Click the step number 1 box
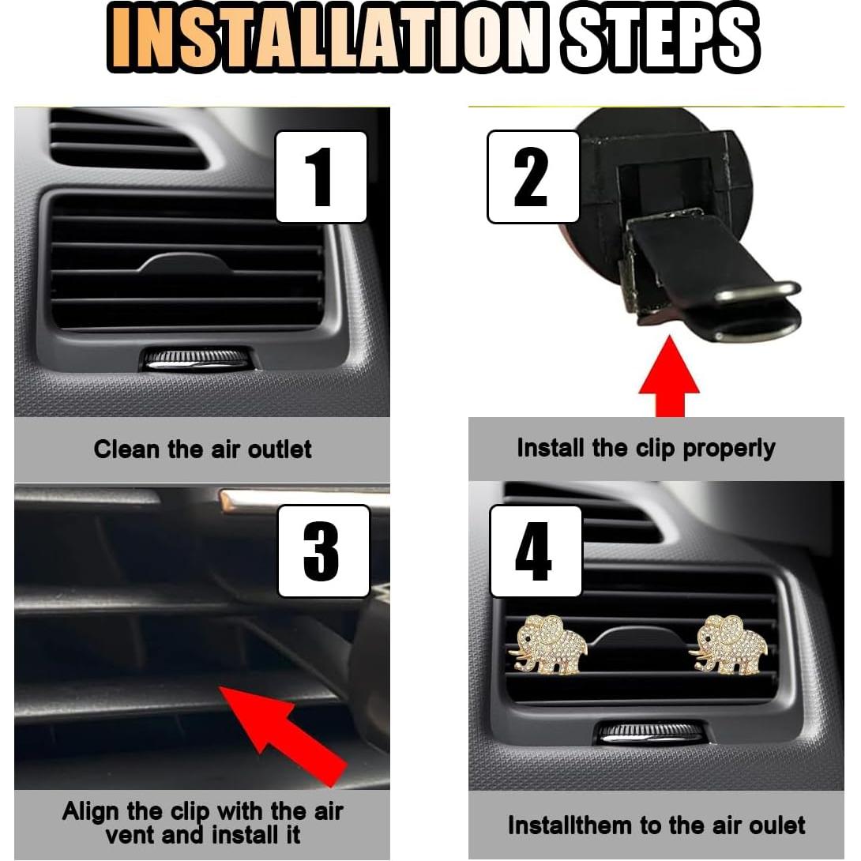321,177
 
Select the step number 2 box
533,177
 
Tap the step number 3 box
323,551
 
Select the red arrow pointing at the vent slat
292,735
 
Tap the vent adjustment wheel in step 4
649,732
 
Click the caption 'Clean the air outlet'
202,449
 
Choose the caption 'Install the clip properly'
645,448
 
